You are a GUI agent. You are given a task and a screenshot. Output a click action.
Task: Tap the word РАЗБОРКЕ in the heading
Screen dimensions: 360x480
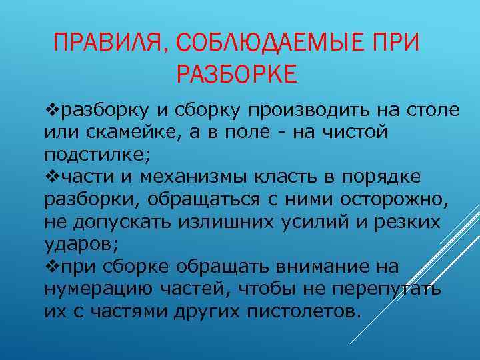[237, 74]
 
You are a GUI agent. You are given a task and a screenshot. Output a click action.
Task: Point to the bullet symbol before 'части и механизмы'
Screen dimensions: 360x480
[51, 177]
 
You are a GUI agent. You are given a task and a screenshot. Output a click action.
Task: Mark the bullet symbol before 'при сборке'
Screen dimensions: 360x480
[51, 267]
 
